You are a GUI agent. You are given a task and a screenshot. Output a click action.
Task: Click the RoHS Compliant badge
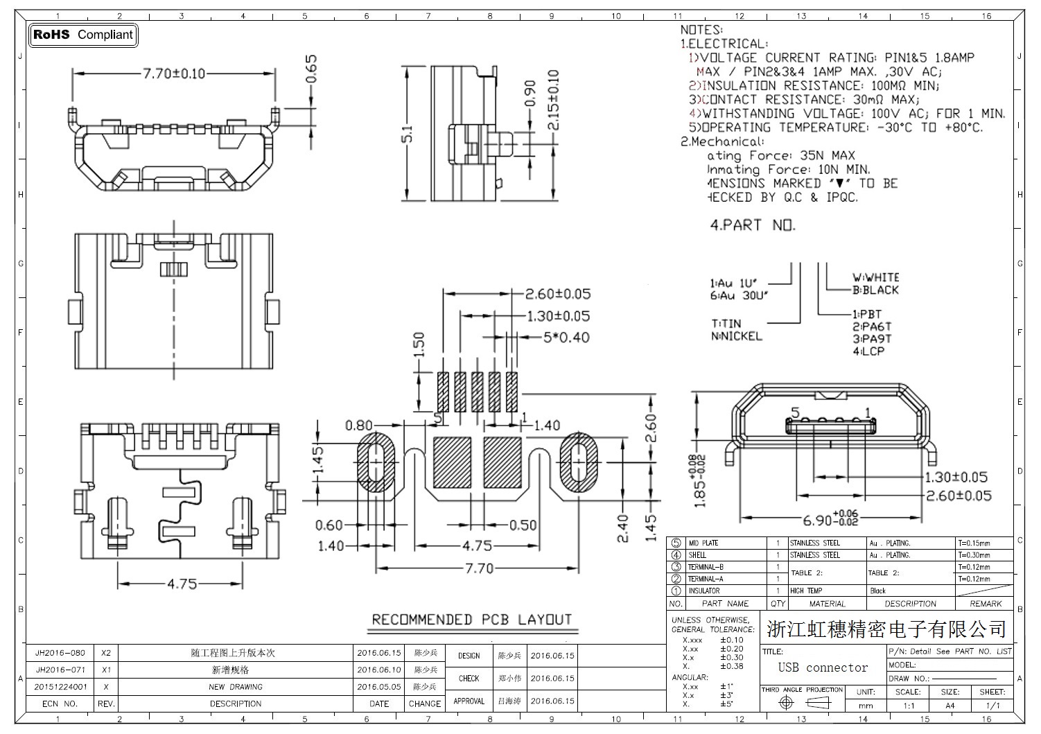tap(83, 35)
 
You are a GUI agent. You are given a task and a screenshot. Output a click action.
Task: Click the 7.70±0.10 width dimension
tap(174, 73)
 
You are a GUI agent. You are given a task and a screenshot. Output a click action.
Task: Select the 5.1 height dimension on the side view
tap(409, 133)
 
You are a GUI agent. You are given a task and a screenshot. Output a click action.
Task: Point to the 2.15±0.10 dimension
tap(553, 100)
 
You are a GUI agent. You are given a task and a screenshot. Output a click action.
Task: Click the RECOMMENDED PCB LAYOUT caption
tap(472, 620)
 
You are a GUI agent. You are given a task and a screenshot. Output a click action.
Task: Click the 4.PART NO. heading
tap(753, 225)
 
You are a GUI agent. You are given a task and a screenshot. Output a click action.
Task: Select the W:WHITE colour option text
tap(875, 277)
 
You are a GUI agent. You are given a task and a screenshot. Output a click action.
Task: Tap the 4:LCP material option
tap(868, 351)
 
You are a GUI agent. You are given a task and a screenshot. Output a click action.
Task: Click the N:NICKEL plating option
tap(736, 336)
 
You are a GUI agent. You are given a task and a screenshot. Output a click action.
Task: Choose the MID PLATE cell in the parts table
tap(703, 543)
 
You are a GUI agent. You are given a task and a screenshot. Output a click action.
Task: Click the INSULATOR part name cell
tap(703, 591)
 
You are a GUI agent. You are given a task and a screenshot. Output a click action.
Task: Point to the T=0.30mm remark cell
tap(974, 555)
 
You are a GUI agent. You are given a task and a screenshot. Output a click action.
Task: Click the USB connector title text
tap(823, 668)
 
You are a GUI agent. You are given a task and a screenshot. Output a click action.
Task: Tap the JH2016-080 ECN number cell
tap(60, 653)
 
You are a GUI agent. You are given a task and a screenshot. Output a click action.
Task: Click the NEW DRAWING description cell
tap(236, 687)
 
